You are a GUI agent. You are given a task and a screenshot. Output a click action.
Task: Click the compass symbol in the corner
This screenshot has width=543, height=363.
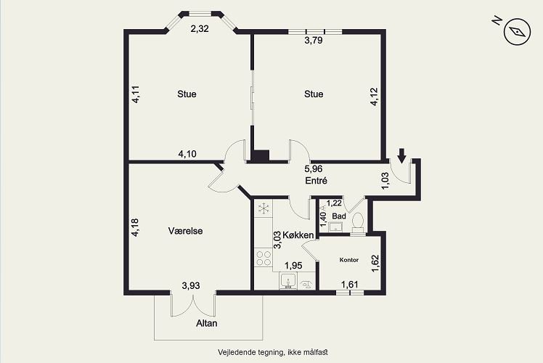[518, 32]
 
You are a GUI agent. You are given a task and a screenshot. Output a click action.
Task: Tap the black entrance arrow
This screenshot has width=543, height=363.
[401, 155]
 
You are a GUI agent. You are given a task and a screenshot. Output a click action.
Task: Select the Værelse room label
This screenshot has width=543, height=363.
[185, 231]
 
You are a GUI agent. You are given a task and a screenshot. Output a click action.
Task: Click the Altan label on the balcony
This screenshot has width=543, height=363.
[207, 323]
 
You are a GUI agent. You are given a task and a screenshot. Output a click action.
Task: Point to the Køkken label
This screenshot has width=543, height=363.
[298, 235]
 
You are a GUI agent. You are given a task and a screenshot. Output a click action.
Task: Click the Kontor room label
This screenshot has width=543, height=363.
[349, 260]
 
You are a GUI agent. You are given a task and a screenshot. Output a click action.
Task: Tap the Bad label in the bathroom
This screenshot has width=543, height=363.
[339, 216]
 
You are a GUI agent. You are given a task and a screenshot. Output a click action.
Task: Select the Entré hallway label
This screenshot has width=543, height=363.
[317, 181]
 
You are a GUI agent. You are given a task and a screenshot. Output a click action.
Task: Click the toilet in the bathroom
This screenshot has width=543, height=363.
[358, 222]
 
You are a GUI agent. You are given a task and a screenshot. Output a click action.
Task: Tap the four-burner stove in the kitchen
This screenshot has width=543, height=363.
[264, 258]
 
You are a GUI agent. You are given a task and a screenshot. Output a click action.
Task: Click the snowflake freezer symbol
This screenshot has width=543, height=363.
[264, 208]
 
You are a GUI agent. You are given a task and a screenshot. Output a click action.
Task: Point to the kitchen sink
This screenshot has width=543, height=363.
[287, 280]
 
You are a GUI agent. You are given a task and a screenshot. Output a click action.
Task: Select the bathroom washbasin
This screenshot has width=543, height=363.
[335, 227]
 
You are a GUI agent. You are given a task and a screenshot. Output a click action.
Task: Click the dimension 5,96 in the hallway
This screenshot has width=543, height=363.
[314, 169]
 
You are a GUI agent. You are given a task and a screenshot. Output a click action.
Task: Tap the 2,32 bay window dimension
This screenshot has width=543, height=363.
[200, 29]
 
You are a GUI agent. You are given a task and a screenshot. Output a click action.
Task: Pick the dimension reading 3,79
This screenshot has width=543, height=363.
[314, 41]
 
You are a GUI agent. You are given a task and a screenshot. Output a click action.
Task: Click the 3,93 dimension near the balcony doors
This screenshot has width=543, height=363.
[191, 286]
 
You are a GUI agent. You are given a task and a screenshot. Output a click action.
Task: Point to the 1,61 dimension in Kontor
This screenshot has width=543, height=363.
[349, 285]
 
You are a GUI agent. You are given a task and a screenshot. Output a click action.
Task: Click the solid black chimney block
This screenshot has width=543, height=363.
[260, 156]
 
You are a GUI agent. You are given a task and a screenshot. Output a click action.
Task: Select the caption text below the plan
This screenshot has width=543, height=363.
[273, 352]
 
